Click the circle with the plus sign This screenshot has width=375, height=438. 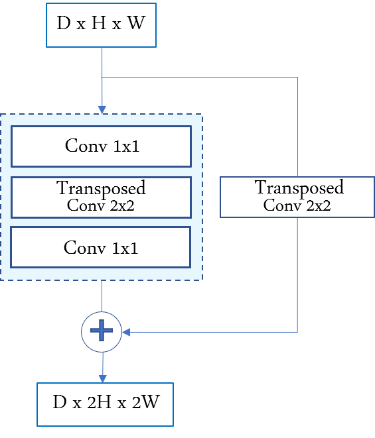coord(102,330)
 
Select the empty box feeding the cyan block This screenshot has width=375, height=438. coord(101,25)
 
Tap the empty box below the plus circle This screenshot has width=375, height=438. coord(105,404)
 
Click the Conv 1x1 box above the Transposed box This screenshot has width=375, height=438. coord(102,146)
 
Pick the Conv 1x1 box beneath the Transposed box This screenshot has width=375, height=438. coord(102,247)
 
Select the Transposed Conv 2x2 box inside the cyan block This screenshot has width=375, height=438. coord(102,197)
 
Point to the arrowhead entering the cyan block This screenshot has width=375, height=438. coord(102,109)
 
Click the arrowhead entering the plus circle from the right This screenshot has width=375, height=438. coord(126,331)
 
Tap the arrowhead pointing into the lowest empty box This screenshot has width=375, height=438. coord(102,378)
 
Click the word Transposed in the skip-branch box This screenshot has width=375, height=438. coord(299,188)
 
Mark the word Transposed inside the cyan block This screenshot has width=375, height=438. coord(101,188)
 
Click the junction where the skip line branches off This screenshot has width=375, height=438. coord(102,77)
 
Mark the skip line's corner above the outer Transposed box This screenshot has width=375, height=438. coord(297,77)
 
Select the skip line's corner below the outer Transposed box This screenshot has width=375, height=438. coord(297,331)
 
